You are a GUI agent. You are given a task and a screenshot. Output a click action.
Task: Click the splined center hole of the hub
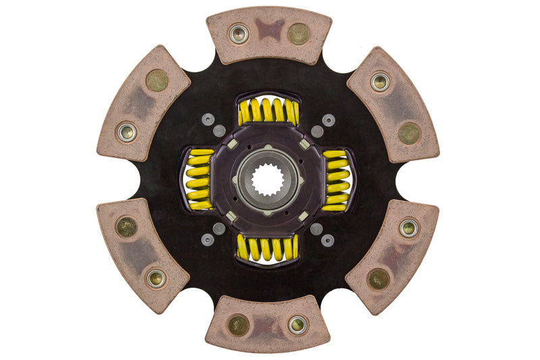(268, 180)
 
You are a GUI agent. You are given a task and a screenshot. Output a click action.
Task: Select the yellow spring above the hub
(268, 111)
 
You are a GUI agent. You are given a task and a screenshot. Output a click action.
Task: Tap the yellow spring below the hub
(268, 248)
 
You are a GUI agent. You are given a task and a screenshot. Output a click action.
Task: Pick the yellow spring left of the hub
(198, 180)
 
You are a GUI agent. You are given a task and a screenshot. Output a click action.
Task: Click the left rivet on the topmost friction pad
(238, 34)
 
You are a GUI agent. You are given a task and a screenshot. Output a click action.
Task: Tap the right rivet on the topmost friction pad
(298, 33)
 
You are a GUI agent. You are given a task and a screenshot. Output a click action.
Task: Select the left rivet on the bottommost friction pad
(238, 325)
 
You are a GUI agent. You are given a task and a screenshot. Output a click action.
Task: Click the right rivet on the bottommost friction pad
(298, 325)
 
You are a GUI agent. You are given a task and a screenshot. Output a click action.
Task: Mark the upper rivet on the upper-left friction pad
(157, 80)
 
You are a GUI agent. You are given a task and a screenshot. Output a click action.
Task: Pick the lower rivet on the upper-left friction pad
(126, 132)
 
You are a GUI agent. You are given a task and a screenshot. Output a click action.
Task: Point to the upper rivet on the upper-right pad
(380, 82)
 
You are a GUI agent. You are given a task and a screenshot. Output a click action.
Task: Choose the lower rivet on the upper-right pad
(409, 133)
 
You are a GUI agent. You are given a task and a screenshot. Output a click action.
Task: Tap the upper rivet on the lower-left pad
(126, 227)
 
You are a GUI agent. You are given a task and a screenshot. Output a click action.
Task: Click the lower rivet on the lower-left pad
(156, 278)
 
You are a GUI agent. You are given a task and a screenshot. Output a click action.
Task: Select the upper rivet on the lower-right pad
(408, 228)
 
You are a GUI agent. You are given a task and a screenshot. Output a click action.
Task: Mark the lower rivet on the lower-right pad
(379, 278)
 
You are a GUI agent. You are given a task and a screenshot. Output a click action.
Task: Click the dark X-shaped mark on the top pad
(269, 30)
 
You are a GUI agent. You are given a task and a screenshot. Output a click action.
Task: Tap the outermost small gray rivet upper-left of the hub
(208, 120)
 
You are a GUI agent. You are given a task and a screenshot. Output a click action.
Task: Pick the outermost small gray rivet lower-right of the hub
(328, 240)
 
